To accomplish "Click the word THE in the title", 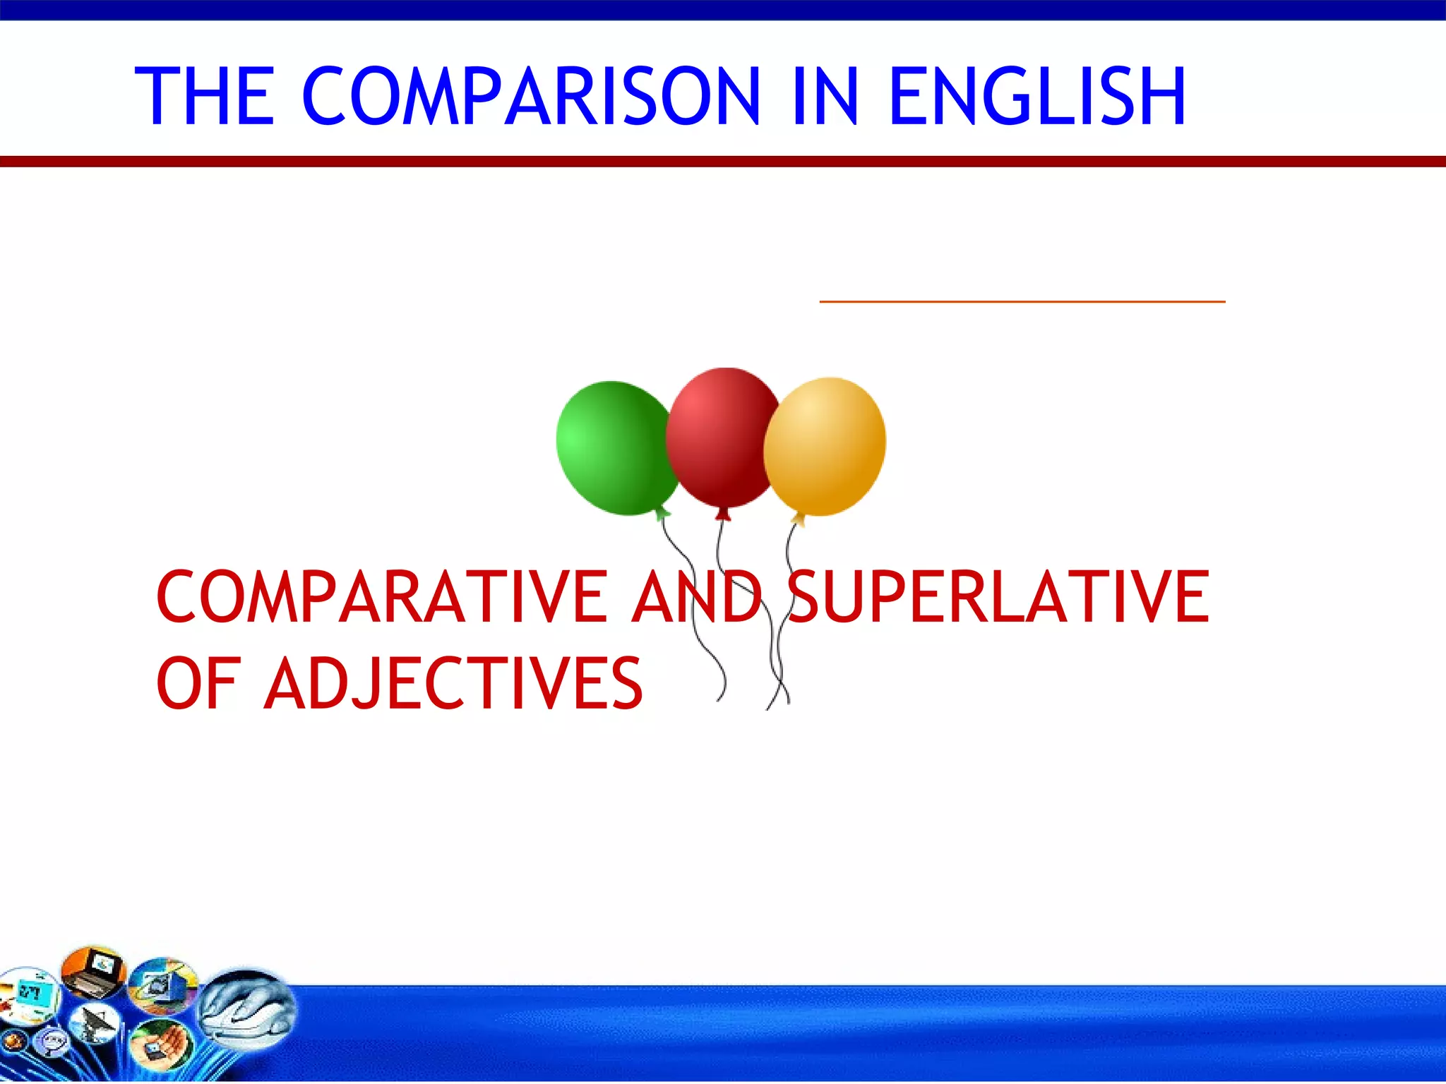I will coord(204,97).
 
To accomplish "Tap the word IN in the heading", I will coord(825,97).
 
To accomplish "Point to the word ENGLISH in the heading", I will coord(1038,97).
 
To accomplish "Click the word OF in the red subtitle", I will coord(198,683).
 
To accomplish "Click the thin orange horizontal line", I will coord(1022,301).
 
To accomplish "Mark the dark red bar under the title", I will coord(723,162).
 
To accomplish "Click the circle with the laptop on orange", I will coord(93,972).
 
